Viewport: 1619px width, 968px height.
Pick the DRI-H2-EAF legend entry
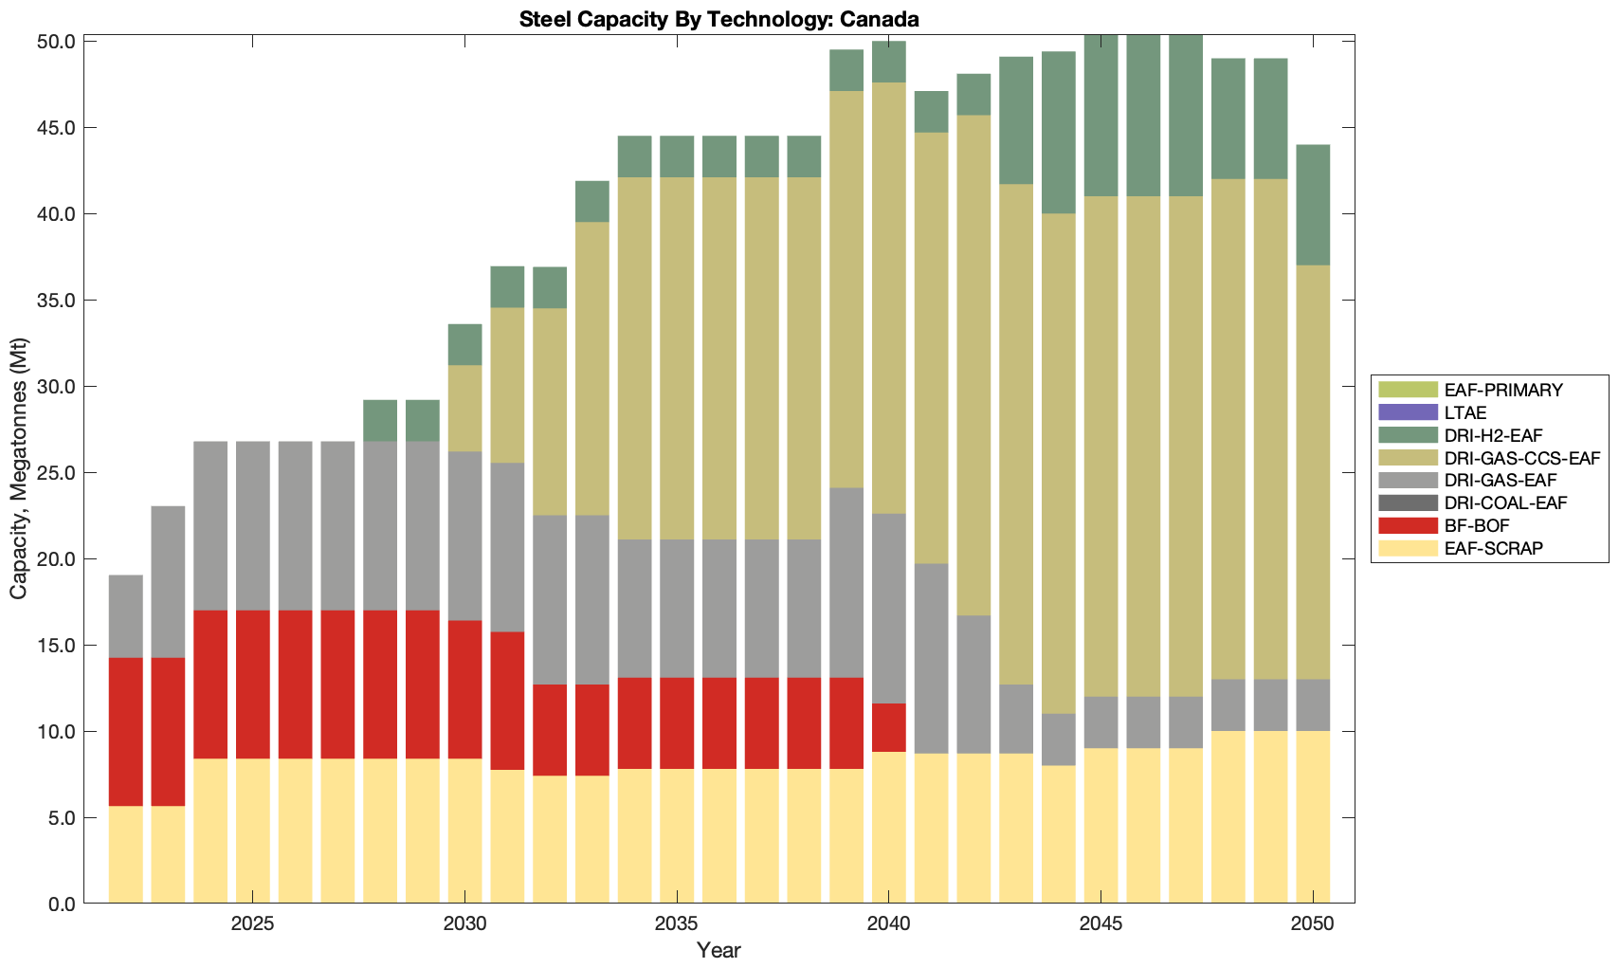coord(1486,435)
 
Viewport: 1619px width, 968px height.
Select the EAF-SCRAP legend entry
coord(1481,548)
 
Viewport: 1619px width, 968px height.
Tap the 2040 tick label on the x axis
coord(888,924)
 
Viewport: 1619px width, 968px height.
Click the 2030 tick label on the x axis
coord(464,924)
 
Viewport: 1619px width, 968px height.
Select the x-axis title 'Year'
coord(719,950)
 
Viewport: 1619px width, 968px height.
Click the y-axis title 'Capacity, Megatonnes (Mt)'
coord(19,469)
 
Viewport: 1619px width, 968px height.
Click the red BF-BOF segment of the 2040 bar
coord(888,727)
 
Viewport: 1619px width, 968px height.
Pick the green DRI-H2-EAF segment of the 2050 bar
coord(1313,205)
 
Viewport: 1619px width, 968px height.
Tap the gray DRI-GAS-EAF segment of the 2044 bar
coord(1059,740)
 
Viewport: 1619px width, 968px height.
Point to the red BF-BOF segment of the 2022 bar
coord(126,732)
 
